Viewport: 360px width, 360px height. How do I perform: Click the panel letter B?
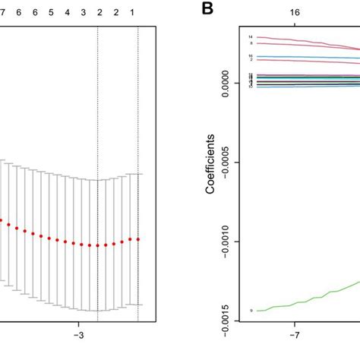point(185,11)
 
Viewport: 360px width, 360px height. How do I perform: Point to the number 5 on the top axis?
point(50,13)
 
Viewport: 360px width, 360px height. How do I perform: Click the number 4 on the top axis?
point(67,13)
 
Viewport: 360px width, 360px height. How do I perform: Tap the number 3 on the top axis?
point(83,13)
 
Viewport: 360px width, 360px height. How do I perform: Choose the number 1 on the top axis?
point(134,13)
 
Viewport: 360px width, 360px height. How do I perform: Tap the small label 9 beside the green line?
point(251,311)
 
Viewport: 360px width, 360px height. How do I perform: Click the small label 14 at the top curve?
point(250,36)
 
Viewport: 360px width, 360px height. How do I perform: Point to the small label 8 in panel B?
point(251,43)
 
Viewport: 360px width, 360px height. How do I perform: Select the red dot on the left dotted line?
point(98,245)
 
